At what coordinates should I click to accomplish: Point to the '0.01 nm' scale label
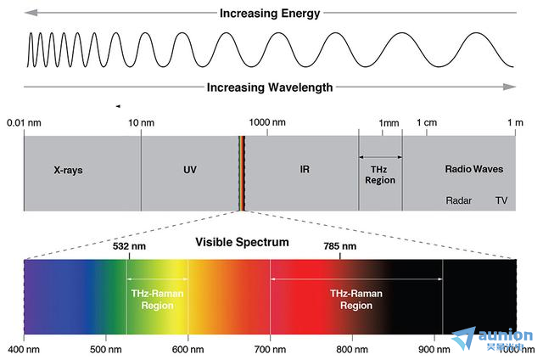tap(24, 123)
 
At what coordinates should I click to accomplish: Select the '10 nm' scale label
tap(141, 123)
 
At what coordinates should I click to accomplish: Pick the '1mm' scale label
tap(389, 123)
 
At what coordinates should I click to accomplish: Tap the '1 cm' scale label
tap(427, 123)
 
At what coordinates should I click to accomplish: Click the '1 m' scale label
tap(515, 123)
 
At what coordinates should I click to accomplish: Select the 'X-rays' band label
tap(68, 169)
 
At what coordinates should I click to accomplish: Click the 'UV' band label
tap(190, 169)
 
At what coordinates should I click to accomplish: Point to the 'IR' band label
tap(305, 169)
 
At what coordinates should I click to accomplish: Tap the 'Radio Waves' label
tap(473, 169)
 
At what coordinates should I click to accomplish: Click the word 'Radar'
tap(459, 201)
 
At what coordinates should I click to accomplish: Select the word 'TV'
tap(501, 201)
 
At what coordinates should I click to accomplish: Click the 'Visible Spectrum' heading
tap(243, 242)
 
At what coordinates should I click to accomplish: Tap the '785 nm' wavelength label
tap(340, 246)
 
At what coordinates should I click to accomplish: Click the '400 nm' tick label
tap(24, 349)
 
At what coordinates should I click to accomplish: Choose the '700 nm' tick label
tap(270, 349)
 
